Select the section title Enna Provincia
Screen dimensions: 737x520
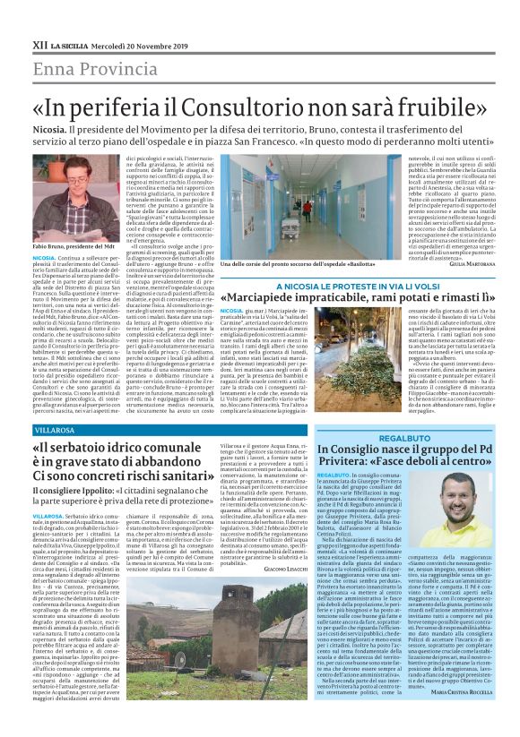tap(84, 68)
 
